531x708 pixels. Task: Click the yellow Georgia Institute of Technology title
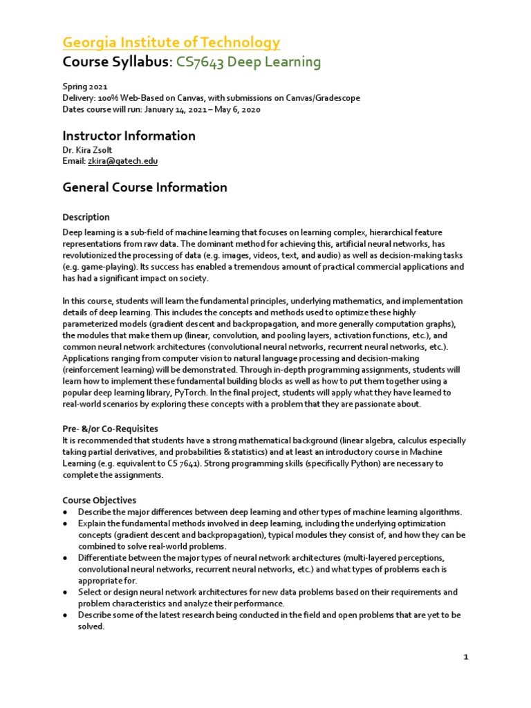(x=171, y=42)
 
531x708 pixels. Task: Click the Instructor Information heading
(x=129, y=136)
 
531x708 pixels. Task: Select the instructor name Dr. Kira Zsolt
(x=91, y=150)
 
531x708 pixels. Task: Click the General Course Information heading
(x=145, y=187)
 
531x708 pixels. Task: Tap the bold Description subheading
(x=86, y=217)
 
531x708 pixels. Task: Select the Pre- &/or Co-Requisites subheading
(x=110, y=429)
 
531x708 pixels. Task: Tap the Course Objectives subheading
(x=99, y=500)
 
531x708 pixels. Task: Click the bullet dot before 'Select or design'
(x=64, y=593)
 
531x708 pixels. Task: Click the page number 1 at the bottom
(x=466, y=658)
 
